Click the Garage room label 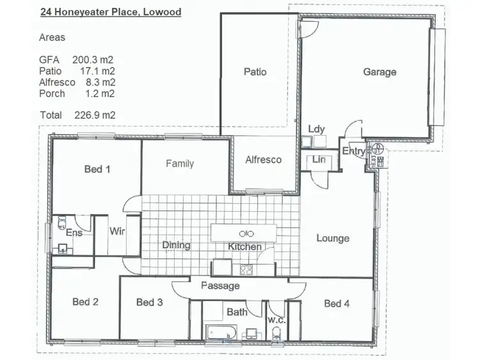[380, 72]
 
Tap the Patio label [255, 72]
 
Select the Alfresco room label [264, 160]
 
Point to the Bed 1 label [97, 169]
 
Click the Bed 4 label [337, 303]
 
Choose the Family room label [180, 164]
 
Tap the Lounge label [333, 239]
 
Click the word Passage [220, 286]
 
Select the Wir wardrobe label [116, 231]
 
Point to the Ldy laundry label [316, 129]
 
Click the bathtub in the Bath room [221, 332]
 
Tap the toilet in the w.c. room [276, 333]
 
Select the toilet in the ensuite [62, 223]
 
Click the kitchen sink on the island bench [246, 232]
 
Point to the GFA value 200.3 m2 [93, 59]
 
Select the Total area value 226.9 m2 [93, 115]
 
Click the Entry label [354, 152]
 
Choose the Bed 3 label [149, 302]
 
